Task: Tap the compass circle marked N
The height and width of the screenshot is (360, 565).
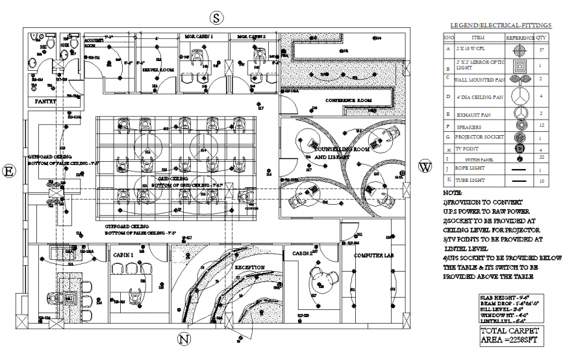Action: click(184, 339)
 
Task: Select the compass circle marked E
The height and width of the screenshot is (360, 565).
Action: click(10, 172)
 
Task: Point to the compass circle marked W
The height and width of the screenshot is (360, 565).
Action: click(425, 166)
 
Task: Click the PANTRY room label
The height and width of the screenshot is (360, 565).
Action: click(45, 101)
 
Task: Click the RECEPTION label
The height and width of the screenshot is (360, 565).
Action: click(249, 267)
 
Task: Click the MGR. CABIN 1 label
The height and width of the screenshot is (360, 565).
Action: click(199, 37)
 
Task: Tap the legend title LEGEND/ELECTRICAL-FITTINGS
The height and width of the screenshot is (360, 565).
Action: click(497, 25)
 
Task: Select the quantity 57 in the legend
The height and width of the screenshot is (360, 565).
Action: click(542, 49)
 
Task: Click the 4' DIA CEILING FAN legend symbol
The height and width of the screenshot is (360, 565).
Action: click(521, 96)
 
